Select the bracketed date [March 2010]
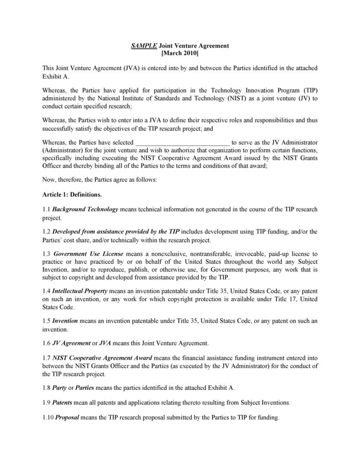pyautogui.click(x=180, y=53)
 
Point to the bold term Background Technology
pyautogui.click(x=85, y=209)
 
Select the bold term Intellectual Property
pyautogui.click(x=80, y=290)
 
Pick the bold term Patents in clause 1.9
pyautogui.click(x=62, y=403)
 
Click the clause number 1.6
pyautogui.click(x=46, y=343)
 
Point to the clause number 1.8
pyautogui.click(x=46, y=388)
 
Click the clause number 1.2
pyautogui.click(x=46, y=232)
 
